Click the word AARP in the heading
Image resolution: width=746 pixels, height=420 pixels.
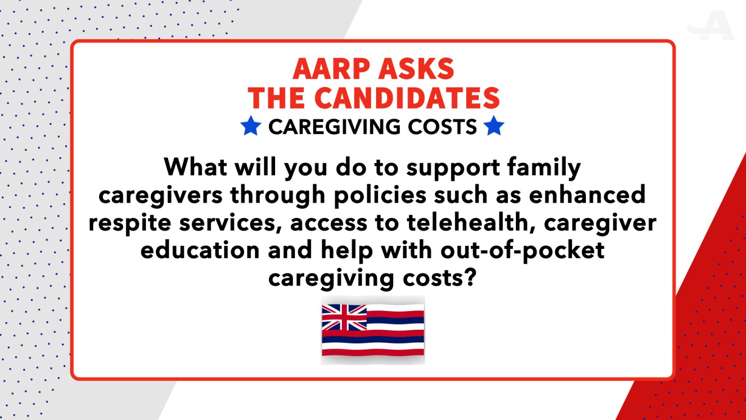tap(329, 68)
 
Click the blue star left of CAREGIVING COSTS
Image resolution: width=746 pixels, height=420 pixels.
tap(251, 125)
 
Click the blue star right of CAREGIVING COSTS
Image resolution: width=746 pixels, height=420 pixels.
tap(494, 125)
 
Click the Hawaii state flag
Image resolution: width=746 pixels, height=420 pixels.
tap(373, 330)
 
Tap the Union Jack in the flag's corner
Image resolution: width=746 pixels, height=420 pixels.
tap(345, 317)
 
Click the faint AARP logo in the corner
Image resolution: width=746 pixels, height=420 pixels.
tap(710, 26)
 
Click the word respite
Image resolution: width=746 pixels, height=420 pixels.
tap(130, 224)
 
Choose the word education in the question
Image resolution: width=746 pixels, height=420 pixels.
tap(200, 250)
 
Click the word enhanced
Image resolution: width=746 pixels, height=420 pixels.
tap(587, 194)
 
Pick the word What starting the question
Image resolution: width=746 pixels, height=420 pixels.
tap(195, 166)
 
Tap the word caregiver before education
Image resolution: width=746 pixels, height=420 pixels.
tap(600, 223)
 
